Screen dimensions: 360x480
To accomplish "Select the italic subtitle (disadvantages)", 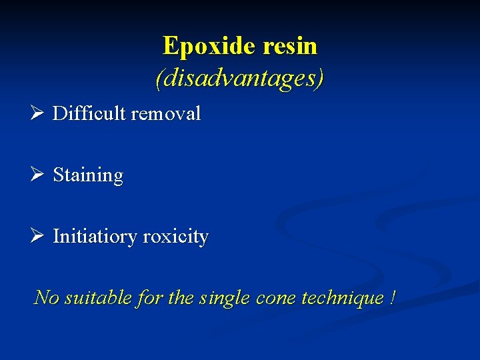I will [239, 78].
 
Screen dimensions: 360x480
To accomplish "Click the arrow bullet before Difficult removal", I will [37, 113].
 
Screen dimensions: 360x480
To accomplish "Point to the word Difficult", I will [89, 114].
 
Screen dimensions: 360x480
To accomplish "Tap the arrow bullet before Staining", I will [37, 175].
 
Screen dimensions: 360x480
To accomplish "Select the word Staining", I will [88, 176].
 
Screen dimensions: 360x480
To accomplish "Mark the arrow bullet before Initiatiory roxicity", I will [37, 237].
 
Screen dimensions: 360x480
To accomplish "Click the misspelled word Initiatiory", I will [97, 237].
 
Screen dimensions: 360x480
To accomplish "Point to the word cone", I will [276, 298].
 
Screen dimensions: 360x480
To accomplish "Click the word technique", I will [341, 298].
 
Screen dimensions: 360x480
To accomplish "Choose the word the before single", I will [181, 297].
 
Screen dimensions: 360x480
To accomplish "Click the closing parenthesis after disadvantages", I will [320, 79].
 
